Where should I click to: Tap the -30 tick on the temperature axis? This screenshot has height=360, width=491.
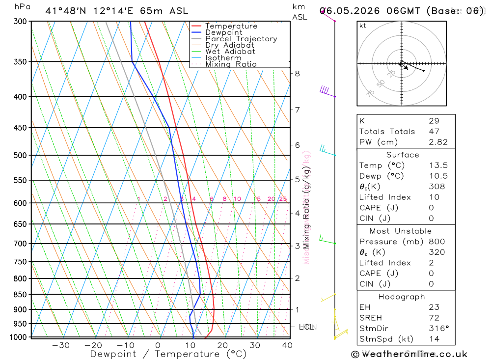pyautogui.click(x=61, y=345)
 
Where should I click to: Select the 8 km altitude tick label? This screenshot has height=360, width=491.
pyautogui.click(x=297, y=74)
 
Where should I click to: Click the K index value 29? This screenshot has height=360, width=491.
pyautogui.click(x=434, y=121)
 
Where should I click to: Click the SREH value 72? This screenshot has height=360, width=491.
pyautogui.click(x=434, y=318)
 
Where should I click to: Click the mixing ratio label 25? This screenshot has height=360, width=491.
pyautogui.click(x=283, y=199)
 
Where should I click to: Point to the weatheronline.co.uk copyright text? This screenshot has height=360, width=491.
pyautogui.click(x=409, y=354)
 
